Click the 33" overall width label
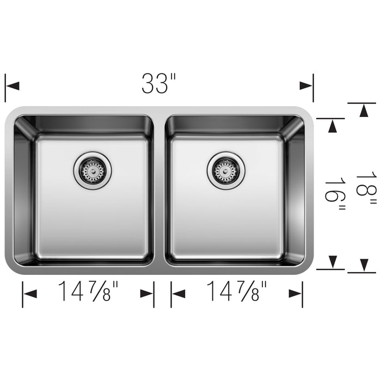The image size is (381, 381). click(159, 83)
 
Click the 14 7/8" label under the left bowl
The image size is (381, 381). click(89, 293)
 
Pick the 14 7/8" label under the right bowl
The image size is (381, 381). click(237, 293)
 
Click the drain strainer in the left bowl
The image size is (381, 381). click(92, 170)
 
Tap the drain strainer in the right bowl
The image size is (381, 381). click(226, 170)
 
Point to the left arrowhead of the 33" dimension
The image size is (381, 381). click(13, 86)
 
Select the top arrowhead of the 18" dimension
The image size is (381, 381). click(362, 110)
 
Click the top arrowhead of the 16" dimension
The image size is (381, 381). click(330, 125)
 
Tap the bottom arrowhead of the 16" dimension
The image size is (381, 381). click(330, 262)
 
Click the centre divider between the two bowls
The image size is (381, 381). click(159, 190)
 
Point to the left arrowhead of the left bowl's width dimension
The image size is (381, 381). click(30, 294)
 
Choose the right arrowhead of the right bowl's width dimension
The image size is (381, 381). click(295, 294)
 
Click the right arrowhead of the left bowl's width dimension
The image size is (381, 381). click(146, 294)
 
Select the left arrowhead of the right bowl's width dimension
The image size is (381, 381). click(179, 294)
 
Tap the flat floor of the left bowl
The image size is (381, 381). click(93, 218)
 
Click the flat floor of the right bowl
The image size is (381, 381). click(226, 218)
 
